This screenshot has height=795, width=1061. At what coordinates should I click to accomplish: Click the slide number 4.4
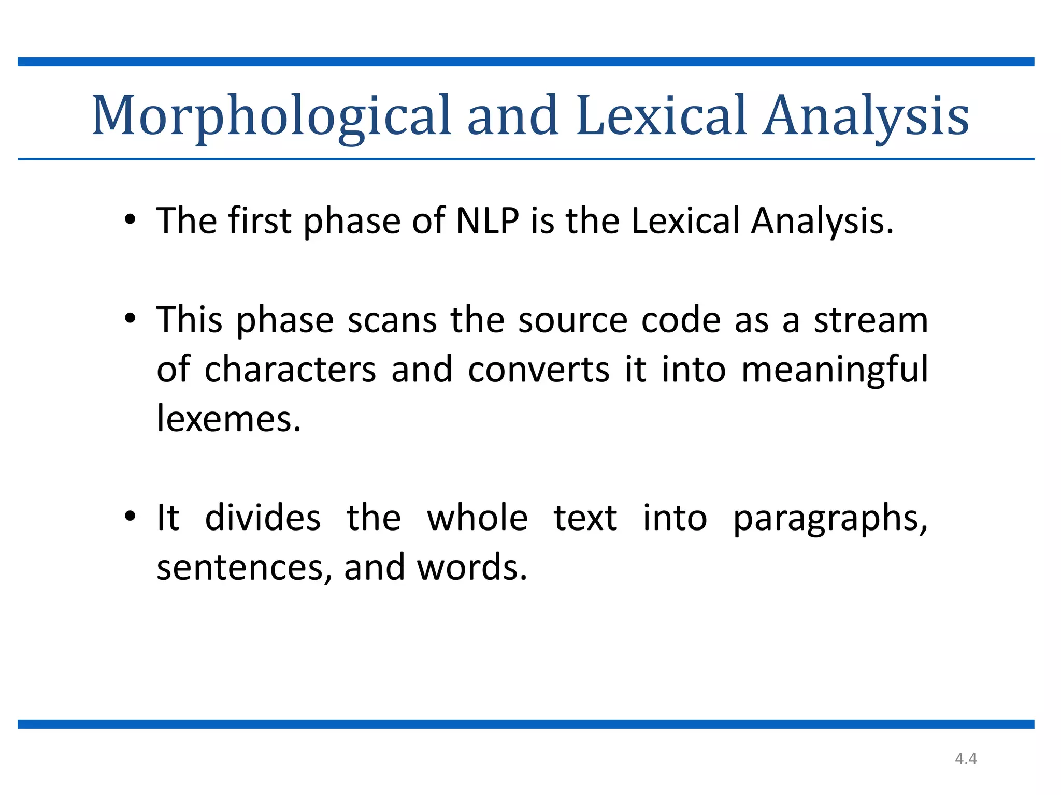tap(966, 759)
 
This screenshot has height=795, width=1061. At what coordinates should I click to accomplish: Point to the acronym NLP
tap(488, 221)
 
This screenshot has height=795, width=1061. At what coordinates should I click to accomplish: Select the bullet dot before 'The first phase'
tap(130, 220)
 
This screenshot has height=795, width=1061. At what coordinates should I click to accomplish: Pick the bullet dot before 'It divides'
tap(130, 517)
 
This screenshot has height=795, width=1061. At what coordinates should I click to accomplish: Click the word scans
tap(392, 320)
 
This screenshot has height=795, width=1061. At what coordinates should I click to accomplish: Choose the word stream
tap(871, 320)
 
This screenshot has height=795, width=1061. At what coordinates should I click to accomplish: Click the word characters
tap(290, 370)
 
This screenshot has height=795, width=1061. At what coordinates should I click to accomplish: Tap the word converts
tap(538, 370)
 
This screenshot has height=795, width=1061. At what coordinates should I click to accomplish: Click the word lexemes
tap(228, 419)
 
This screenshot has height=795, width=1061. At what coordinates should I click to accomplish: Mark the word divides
tap(263, 518)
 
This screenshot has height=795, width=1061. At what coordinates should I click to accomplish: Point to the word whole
tap(477, 518)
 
